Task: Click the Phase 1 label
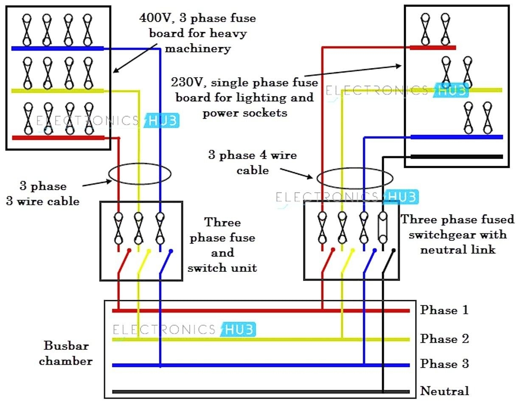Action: pyautogui.click(x=444, y=310)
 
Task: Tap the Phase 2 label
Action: pyautogui.click(x=444, y=339)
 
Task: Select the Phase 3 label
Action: pyautogui.click(x=444, y=364)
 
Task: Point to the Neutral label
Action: pyautogui.click(x=444, y=391)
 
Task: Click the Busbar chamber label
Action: pyautogui.click(x=66, y=353)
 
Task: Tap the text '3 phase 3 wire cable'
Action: pyautogui.click(x=42, y=193)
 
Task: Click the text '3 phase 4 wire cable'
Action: pyautogui.click(x=252, y=162)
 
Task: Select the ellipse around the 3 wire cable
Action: pyautogui.click(x=140, y=174)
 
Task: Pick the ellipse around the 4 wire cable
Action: pyautogui.click(x=355, y=179)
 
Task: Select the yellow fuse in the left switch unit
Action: pyautogui.click(x=138, y=228)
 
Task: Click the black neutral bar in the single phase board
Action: pyautogui.click(x=456, y=156)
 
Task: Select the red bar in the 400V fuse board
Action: pyautogui.click(x=58, y=137)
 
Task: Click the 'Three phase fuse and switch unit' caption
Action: pyautogui.click(x=222, y=245)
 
